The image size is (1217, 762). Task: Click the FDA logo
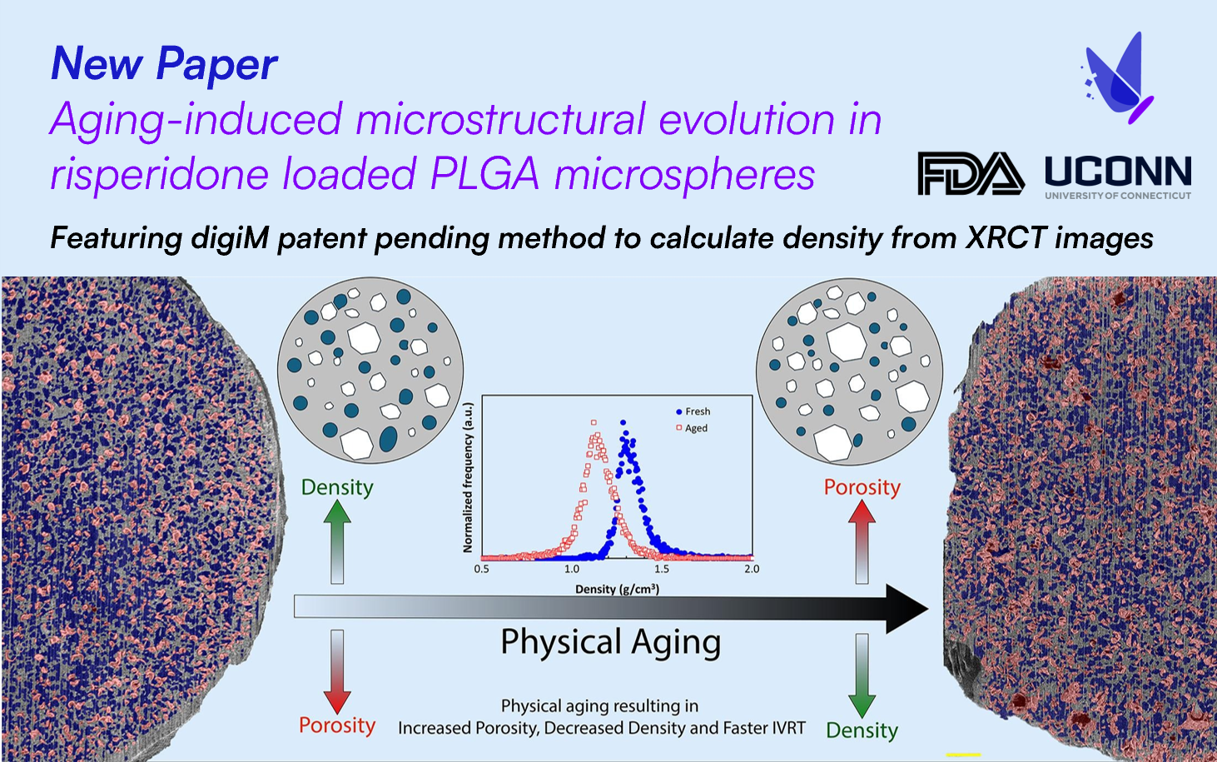tap(971, 173)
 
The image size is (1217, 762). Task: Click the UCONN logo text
tap(1118, 172)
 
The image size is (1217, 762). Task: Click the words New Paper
tap(164, 64)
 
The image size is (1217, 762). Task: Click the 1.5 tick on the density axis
tap(662, 570)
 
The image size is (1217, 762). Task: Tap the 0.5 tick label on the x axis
tap(482, 570)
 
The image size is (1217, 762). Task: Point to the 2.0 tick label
tap(752, 570)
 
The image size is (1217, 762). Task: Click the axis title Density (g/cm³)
tap(617, 590)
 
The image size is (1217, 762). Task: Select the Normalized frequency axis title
tap(468, 477)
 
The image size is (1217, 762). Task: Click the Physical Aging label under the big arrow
tap(610, 643)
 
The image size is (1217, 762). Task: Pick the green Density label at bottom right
tap(862, 730)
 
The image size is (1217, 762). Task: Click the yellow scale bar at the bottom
tap(964, 755)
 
